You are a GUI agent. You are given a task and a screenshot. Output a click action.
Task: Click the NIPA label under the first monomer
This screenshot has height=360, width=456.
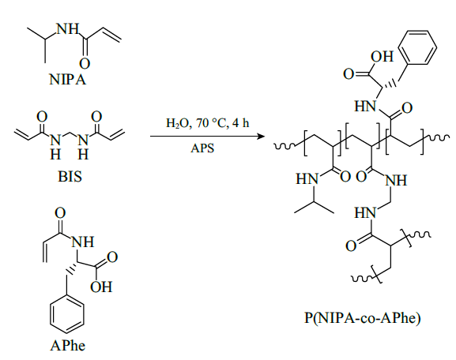point(68,79)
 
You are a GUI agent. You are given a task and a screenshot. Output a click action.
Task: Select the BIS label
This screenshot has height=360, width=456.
point(70,176)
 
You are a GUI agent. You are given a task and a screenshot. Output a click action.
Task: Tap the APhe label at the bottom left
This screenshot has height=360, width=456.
point(68,346)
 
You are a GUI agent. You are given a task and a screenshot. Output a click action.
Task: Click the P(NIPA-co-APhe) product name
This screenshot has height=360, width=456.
point(363,318)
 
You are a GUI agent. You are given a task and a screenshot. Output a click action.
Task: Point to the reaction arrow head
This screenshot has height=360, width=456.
point(261,136)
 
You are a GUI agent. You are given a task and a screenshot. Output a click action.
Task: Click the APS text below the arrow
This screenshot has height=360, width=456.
point(202,148)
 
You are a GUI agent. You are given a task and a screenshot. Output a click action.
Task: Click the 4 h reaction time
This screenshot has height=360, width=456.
point(241,123)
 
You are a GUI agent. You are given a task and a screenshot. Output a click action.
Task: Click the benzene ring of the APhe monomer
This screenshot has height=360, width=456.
point(67,315)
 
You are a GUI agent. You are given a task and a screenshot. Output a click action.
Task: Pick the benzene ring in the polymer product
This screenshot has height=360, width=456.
point(417,47)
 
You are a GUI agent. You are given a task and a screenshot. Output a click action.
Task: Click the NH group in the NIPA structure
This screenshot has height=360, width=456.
point(67,29)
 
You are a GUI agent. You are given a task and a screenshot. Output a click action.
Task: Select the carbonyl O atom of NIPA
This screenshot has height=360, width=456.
point(85,64)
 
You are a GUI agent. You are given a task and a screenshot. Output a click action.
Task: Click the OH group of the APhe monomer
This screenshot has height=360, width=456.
point(101,287)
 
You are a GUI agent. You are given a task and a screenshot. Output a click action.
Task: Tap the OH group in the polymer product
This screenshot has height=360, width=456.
point(382,57)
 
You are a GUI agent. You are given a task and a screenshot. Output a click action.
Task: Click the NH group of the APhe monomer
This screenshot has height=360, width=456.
point(83,242)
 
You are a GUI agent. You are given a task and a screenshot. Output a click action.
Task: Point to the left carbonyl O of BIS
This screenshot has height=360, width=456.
point(42,117)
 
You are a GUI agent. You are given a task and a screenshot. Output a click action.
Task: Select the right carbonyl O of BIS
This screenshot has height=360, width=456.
point(96,117)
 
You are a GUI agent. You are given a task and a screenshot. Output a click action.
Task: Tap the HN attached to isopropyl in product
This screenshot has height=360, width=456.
point(307,178)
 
